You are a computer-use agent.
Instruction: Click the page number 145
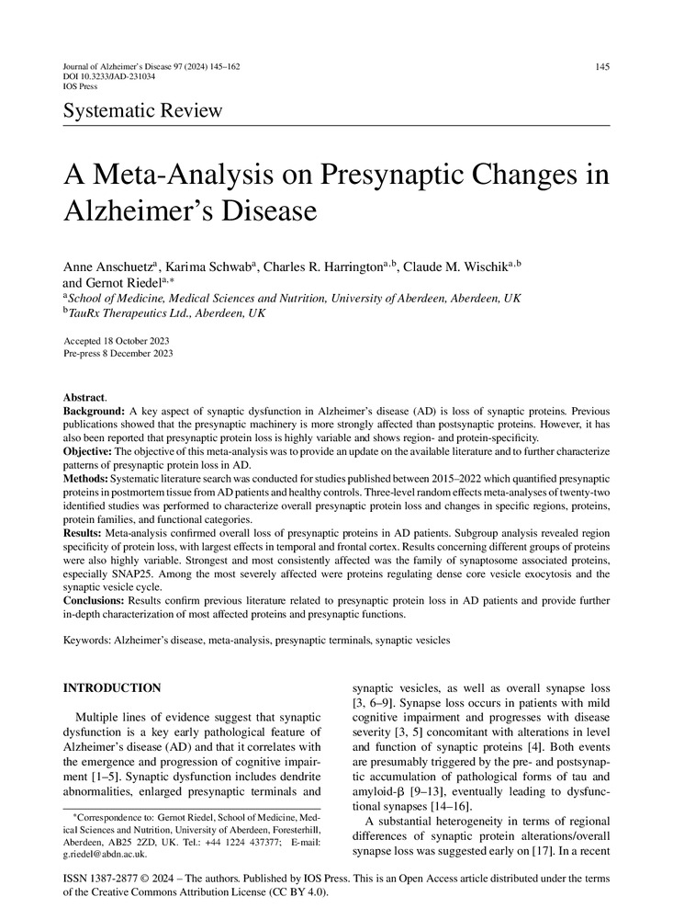click(601, 67)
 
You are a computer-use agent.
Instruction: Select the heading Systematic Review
click(142, 111)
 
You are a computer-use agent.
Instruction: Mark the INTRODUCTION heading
click(111, 687)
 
